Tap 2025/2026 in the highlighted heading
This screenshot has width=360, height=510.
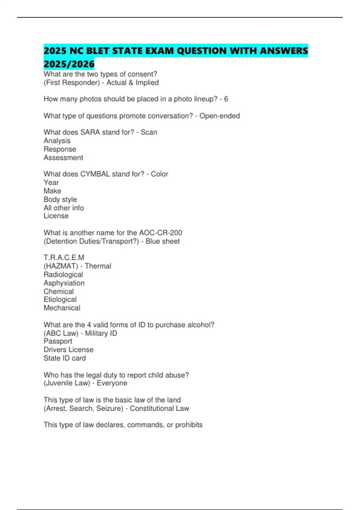tap(69, 64)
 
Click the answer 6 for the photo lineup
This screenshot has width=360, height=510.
tap(226, 99)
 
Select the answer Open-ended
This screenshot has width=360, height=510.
tap(220, 116)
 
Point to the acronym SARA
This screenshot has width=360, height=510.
tap(90, 132)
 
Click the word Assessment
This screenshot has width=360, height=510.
tap(63, 158)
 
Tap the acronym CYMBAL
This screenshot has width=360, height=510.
tap(95, 174)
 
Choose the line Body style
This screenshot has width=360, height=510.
tap(60, 199)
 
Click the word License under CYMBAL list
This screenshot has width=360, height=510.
tap(56, 216)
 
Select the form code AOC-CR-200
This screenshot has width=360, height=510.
tap(160, 233)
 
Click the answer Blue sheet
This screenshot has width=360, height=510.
tap(163, 241)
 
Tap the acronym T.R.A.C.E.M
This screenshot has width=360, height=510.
tap(64, 258)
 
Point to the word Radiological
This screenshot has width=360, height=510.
tap(63, 274)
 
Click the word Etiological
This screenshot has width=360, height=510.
tap(60, 299)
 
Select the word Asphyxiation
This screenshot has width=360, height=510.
tap(64, 283)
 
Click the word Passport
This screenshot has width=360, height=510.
tap(58, 341)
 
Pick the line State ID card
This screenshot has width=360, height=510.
tap(65, 358)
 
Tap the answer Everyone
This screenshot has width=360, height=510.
tap(112, 383)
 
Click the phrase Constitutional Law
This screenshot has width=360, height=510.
tap(159, 408)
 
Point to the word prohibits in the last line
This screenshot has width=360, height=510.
tap(189, 425)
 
